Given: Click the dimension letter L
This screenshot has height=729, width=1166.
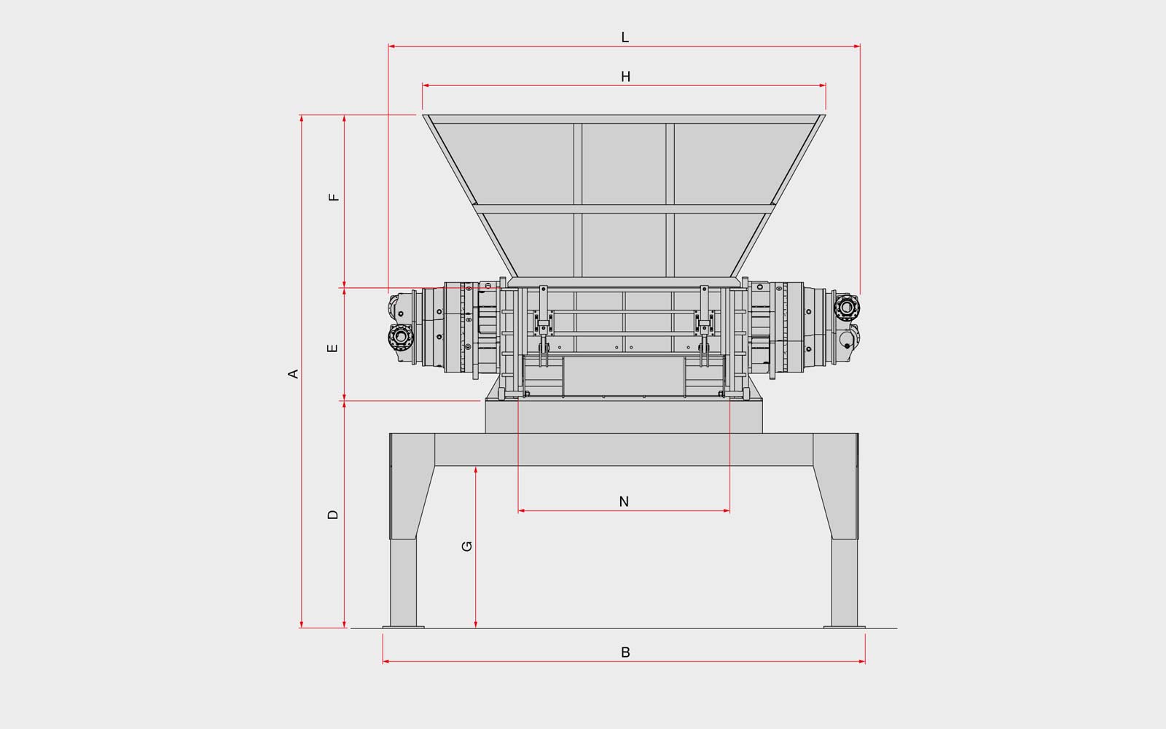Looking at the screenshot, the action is (x=625, y=37).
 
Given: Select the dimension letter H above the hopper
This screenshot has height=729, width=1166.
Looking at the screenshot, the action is (x=626, y=77).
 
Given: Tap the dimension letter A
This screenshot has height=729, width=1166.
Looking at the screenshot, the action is (x=294, y=374).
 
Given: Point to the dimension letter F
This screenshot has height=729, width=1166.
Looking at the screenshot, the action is (x=334, y=198).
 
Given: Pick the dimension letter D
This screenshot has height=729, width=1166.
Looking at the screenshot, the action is (x=333, y=515).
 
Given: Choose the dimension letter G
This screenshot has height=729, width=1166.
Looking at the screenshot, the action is (x=467, y=546).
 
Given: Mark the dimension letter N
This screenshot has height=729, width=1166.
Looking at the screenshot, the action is (x=624, y=502).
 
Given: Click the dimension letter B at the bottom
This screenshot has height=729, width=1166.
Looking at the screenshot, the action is (x=626, y=652).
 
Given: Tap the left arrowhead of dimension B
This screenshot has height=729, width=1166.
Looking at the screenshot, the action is (x=386, y=661).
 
